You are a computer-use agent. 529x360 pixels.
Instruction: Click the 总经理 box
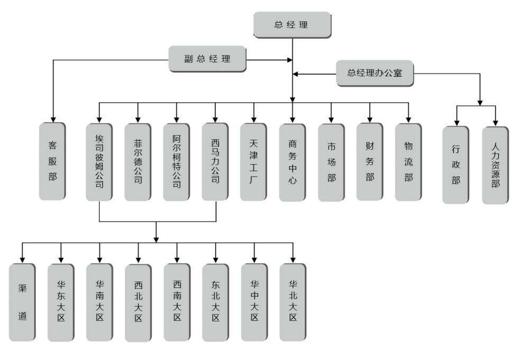[291, 24]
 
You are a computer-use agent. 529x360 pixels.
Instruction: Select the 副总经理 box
[207, 59]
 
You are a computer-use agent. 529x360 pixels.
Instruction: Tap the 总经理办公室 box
[375, 74]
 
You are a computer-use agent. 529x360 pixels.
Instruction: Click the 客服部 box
[52, 161]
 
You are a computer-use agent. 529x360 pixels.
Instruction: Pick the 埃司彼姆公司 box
[99, 162]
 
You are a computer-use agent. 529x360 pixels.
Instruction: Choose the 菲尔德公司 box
[138, 162]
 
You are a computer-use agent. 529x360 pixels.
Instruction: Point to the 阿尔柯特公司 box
[176, 162]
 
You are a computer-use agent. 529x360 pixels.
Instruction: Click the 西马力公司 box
[215, 162]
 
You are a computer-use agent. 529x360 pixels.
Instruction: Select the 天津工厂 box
[253, 162]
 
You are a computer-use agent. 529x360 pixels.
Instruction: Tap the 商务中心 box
[293, 162]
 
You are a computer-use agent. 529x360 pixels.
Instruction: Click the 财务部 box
[369, 162]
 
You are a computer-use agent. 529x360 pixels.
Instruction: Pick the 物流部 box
[408, 162]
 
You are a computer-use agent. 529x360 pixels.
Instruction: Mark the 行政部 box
[455, 164]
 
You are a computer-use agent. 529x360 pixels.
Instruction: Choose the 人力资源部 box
[495, 164]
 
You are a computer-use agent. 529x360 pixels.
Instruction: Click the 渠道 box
[22, 302]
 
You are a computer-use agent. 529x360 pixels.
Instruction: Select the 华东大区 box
[61, 302]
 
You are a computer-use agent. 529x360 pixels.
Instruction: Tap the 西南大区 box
[177, 302]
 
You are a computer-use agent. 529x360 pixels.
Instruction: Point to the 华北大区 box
[293, 302]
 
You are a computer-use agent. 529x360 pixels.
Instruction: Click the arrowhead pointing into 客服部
[52, 120]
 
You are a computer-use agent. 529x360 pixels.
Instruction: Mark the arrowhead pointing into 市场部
[331, 120]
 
